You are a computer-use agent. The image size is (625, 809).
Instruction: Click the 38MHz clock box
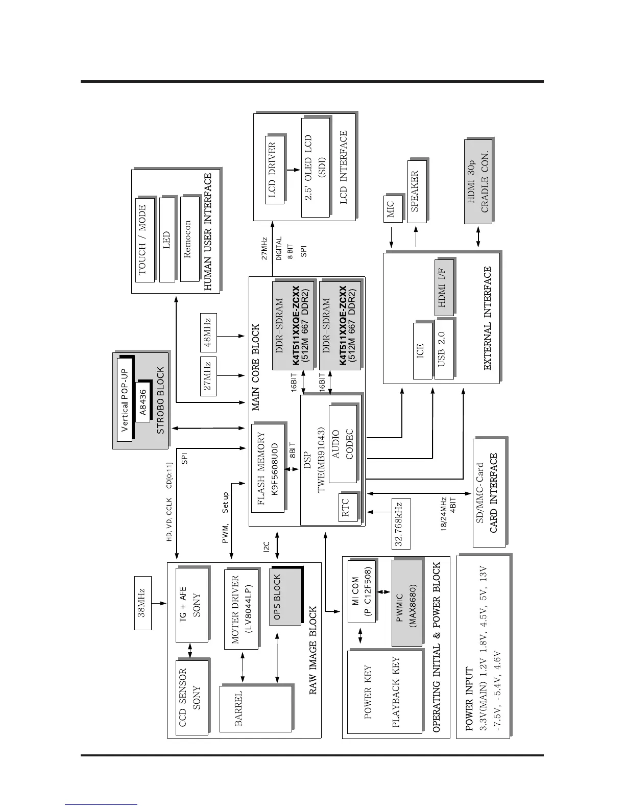[x=143, y=603]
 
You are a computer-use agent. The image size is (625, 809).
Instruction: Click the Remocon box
[x=189, y=239]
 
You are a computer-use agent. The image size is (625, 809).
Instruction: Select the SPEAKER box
[x=416, y=192]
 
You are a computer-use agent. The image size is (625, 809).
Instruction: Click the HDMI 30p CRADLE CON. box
[x=478, y=181]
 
